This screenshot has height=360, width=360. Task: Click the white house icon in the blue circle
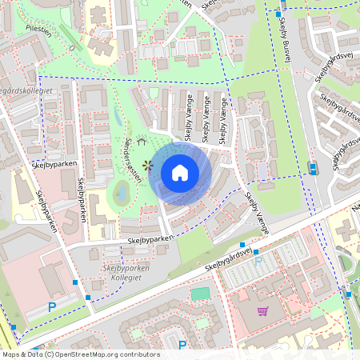click(x=180, y=173)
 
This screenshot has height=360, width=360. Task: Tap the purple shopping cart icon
click(x=262, y=311)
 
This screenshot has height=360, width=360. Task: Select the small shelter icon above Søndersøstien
click(x=142, y=141)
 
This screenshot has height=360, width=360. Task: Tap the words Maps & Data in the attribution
click(x=22, y=354)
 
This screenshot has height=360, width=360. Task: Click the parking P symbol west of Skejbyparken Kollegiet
click(x=52, y=306)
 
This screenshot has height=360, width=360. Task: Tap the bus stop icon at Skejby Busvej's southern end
click(x=313, y=167)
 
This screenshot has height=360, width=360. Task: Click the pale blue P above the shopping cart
click(x=258, y=262)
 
